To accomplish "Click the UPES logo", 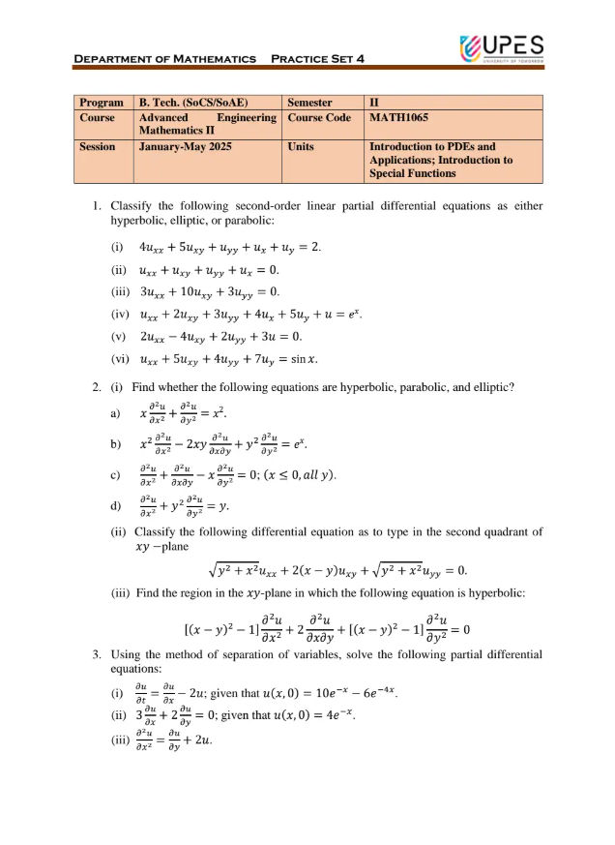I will [502, 46].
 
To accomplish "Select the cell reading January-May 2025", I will [179, 147].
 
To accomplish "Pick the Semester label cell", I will [309, 102].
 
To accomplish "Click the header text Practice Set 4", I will [317, 60].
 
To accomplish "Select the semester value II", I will [375, 102].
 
